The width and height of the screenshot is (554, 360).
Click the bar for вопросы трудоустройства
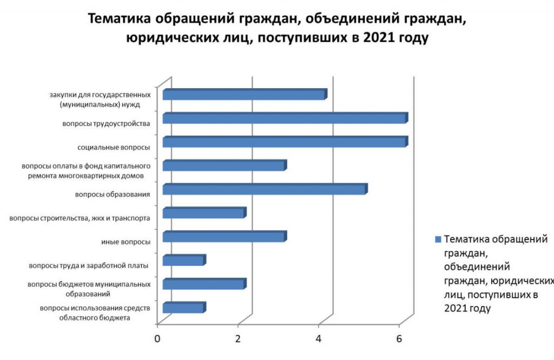pos(286,118)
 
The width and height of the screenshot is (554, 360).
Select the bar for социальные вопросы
pos(286,142)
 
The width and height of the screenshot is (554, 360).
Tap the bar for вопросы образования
pos(265,189)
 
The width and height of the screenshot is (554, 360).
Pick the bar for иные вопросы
pos(225,236)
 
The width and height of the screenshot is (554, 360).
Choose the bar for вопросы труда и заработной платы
pos(184,260)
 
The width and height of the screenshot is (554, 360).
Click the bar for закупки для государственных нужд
pos(245,94)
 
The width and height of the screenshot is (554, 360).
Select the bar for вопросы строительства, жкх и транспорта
pos(205,212)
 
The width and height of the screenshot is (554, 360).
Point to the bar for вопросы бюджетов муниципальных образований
pos(205,283)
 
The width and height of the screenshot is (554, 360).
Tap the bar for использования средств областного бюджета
pos(184,307)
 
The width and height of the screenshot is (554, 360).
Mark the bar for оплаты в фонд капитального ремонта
pos(225,165)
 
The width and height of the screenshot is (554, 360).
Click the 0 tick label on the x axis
pos(157,339)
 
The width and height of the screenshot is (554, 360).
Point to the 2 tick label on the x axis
pos(238,339)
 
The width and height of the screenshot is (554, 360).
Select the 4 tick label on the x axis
pos(318,339)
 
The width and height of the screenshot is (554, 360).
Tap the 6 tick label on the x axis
pos(399,339)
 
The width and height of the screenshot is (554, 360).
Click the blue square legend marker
pos(438,239)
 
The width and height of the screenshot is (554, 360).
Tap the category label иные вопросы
pos(126,242)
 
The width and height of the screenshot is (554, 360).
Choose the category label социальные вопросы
pos(114,147)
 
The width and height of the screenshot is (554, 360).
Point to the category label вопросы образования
pos(113,195)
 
